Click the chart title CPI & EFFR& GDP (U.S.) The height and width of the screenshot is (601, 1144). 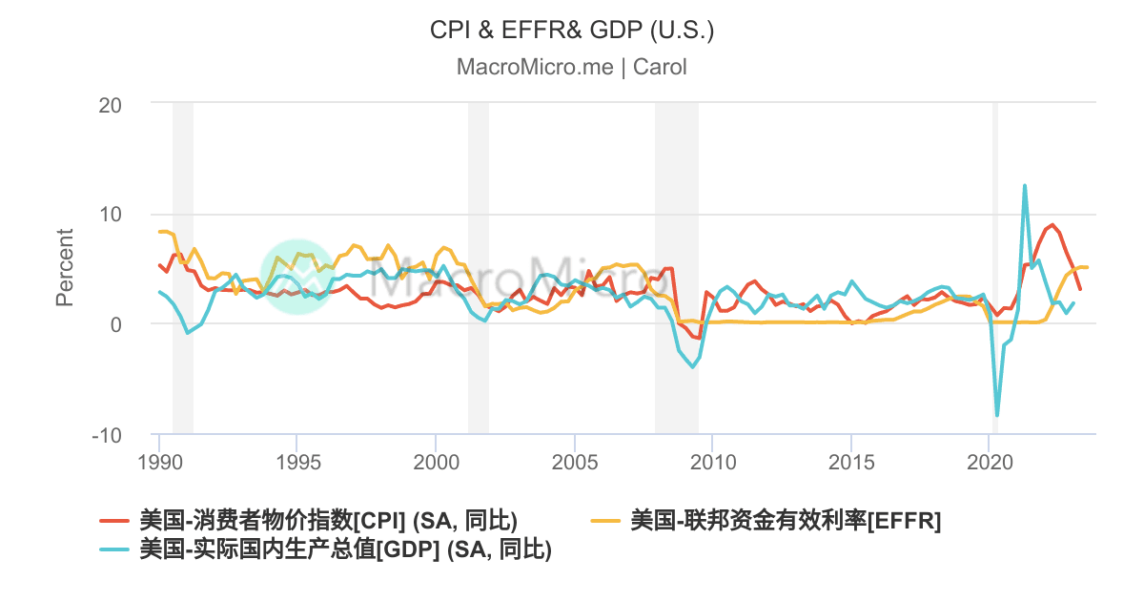pos(572,31)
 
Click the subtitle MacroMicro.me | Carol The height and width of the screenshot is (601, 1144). pos(572,67)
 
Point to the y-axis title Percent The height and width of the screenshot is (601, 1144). pos(64,267)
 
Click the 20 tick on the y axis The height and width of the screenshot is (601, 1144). pos(111,104)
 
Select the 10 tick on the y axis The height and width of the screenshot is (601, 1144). pos(111,214)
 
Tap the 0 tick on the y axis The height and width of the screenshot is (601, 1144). pos(116,324)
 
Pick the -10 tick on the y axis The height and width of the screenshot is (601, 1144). pos(107,435)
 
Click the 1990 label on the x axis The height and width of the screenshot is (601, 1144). pos(159,462)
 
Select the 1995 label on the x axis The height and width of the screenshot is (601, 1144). pos(296,462)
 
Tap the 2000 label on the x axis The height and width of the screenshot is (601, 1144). pos(436,462)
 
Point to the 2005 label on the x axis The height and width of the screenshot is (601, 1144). pos(574,462)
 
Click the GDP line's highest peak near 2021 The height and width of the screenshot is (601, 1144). pos(1025,186)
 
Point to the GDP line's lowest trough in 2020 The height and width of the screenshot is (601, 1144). pos(997,415)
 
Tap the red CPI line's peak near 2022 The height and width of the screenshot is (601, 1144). pos(1052,226)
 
